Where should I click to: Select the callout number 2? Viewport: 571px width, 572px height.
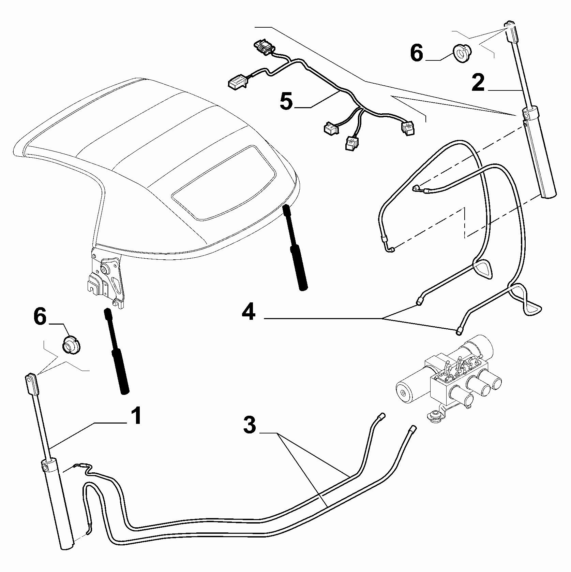[x=478, y=83]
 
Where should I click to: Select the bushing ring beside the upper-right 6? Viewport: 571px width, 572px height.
[x=462, y=54]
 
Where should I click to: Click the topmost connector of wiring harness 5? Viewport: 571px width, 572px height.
[x=263, y=47]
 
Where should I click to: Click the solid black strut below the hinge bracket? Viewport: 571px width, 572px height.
[x=117, y=352]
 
